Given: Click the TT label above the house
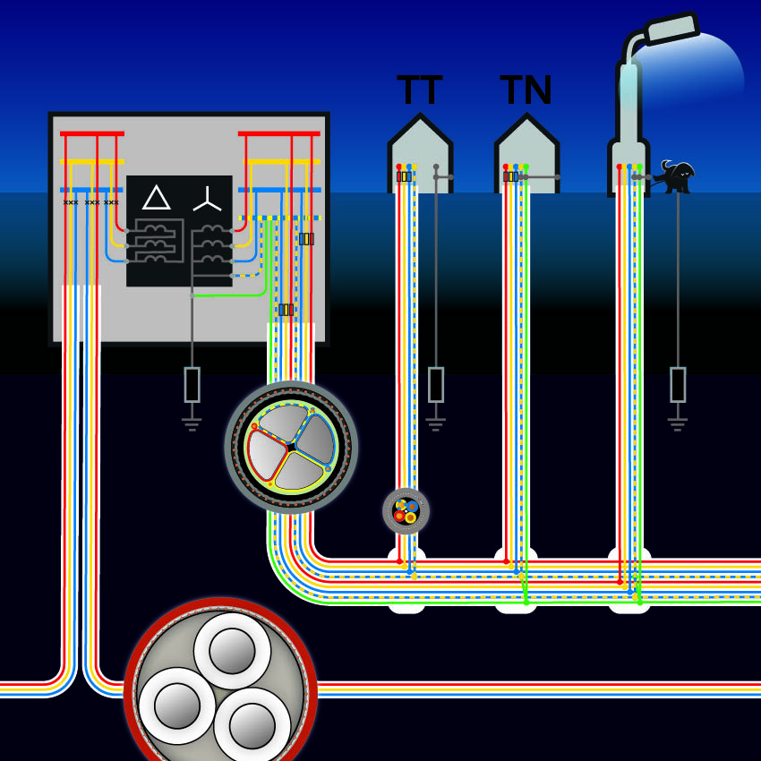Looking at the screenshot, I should click(419, 90).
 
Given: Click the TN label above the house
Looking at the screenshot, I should click(526, 90).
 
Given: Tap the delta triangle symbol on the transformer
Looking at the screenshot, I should click(157, 198).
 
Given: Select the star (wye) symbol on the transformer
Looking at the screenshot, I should click(207, 200).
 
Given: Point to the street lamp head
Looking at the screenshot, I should click(671, 29).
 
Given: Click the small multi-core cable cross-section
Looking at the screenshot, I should click(406, 511).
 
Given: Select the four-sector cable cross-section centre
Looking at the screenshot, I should click(291, 446).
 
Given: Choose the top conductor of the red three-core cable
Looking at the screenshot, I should click(232, 650).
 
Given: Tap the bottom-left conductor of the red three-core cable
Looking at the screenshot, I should click(176, 705).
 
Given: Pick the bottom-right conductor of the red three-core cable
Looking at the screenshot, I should click(252, 725).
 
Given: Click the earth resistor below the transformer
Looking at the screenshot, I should click(192, 384).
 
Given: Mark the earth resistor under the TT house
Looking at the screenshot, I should click(436, 384).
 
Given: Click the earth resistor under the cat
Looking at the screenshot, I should click(678, 384).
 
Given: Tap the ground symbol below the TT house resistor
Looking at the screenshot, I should click(436, 423).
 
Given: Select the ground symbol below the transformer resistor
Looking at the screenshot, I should click(192, 423).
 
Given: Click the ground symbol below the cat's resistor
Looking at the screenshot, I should click(678, 423).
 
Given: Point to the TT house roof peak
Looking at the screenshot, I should click(420, 116).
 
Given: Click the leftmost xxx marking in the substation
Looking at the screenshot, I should click(71, 202).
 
